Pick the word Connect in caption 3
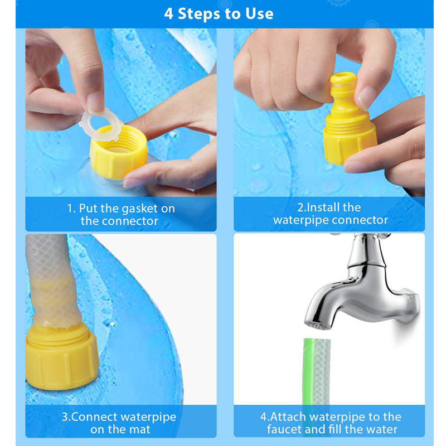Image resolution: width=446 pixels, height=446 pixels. coord(95,417)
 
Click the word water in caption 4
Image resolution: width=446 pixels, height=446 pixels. coord(380,429)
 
